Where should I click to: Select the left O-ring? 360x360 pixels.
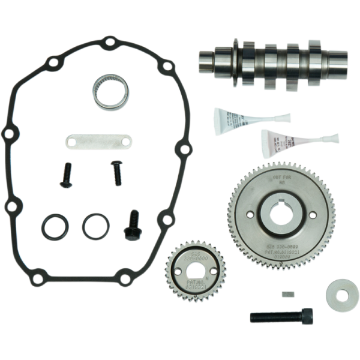coord(55,227)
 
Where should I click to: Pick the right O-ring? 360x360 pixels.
coord(95,226)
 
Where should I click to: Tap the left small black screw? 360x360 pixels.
coord(66,175)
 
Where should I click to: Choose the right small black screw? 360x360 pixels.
coord(116,173)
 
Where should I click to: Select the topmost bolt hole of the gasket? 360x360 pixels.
coord(109,43)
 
